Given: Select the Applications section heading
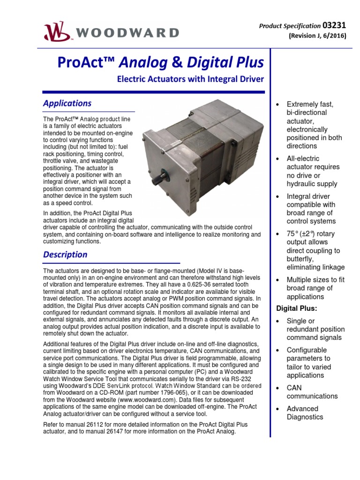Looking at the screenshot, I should pos(67,103).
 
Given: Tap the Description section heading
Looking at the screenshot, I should pos(65,255).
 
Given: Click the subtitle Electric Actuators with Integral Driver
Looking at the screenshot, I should pos(190,80).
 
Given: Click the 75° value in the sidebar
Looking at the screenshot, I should pos(293,234).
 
